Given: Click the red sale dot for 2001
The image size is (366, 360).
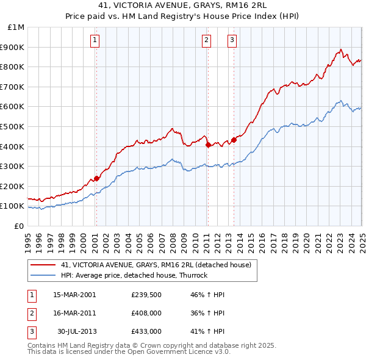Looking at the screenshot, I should (96, 178).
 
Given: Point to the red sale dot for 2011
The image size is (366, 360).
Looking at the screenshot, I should (208, 145).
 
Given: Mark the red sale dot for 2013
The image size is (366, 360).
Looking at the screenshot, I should (234, 140).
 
